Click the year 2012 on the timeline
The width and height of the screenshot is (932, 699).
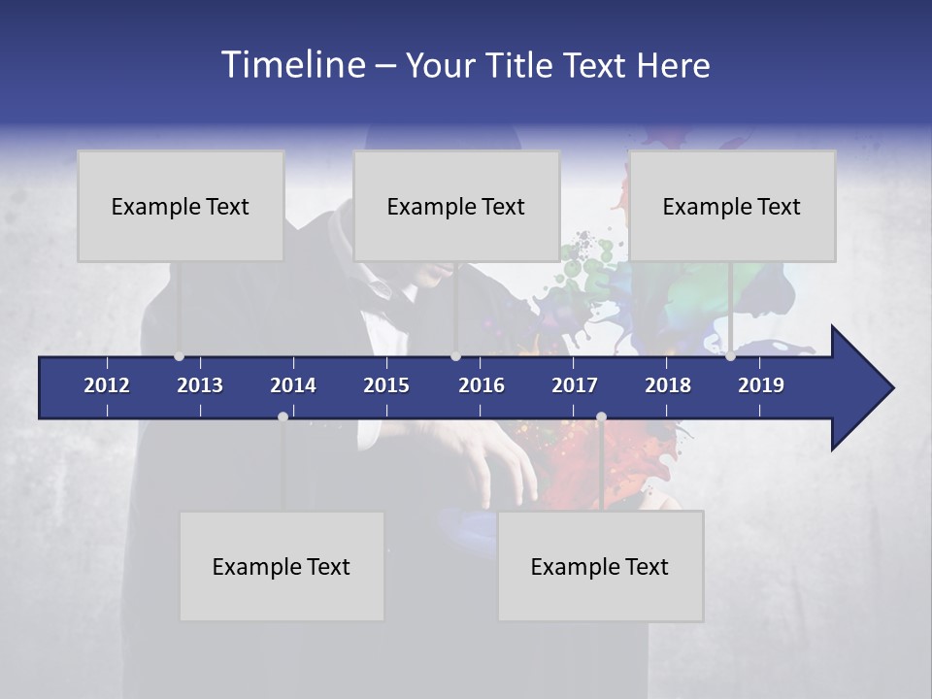107,385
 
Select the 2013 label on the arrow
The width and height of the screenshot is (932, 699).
200,385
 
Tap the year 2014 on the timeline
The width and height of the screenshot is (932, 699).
293,385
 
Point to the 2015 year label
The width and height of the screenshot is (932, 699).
386,385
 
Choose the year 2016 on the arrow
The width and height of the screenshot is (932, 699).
482,385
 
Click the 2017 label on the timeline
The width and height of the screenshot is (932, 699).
575,385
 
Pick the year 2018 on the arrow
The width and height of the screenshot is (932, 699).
668,385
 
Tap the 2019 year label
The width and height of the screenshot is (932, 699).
761,385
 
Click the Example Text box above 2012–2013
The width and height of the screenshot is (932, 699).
181,206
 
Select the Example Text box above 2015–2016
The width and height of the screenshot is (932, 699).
456,206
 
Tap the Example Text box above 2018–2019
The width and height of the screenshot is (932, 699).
732,206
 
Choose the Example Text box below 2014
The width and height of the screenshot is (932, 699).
282,566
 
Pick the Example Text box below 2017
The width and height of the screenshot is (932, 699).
600,566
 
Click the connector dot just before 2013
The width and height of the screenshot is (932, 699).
179,356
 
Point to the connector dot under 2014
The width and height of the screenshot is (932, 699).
283,416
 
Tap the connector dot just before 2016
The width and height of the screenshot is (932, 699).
455,356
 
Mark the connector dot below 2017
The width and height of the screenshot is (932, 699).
601,416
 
